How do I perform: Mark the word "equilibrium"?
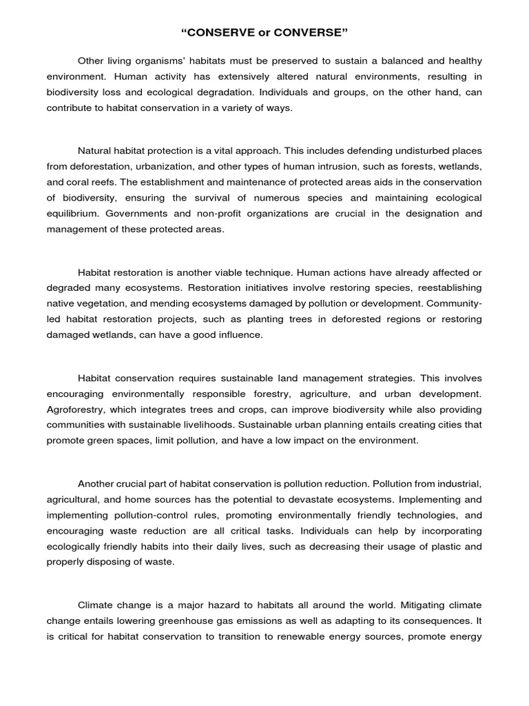70,213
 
